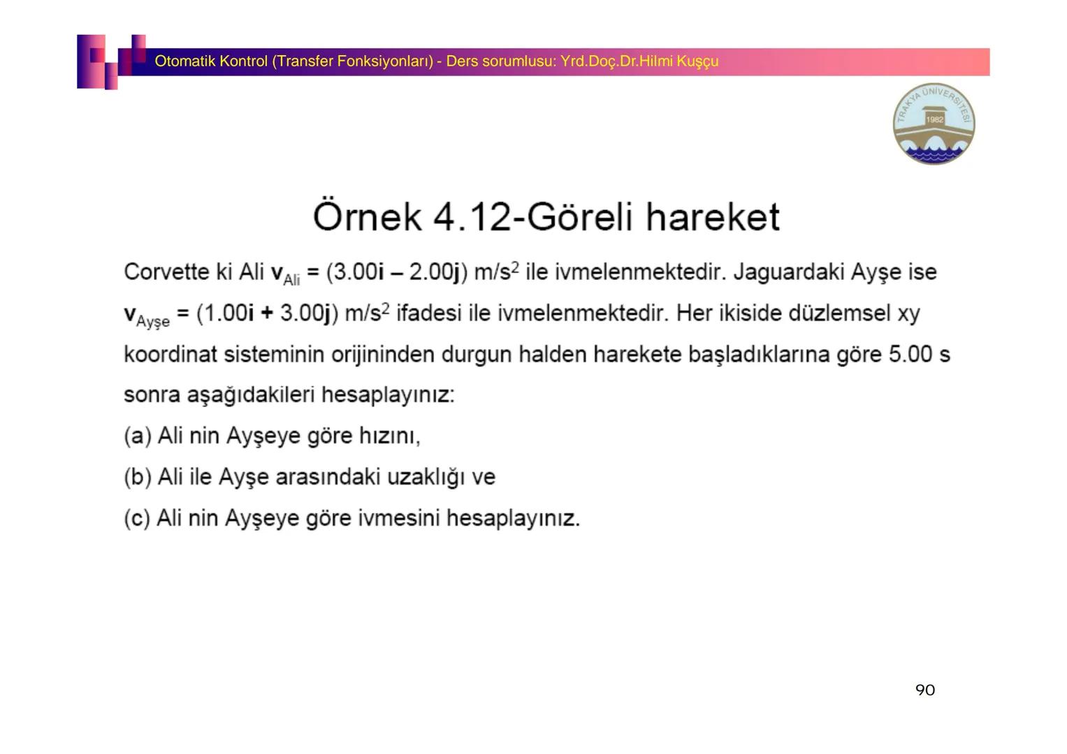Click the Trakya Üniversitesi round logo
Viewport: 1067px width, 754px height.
click(x=934, y=124)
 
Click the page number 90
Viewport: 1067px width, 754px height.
click(x=924, y=690)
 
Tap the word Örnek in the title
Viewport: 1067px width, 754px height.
click(x=367, y=216)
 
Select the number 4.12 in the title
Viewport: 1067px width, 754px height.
click(x=472, y=216)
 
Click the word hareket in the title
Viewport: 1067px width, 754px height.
click(x=712, y=216)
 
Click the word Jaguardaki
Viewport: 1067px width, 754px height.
click(x=789, y=272)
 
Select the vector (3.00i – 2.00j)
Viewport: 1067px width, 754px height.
click(x=396, y=272)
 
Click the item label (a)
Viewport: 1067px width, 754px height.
click(x=138, y=436)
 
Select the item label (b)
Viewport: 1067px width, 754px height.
click(x=138, y=478)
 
